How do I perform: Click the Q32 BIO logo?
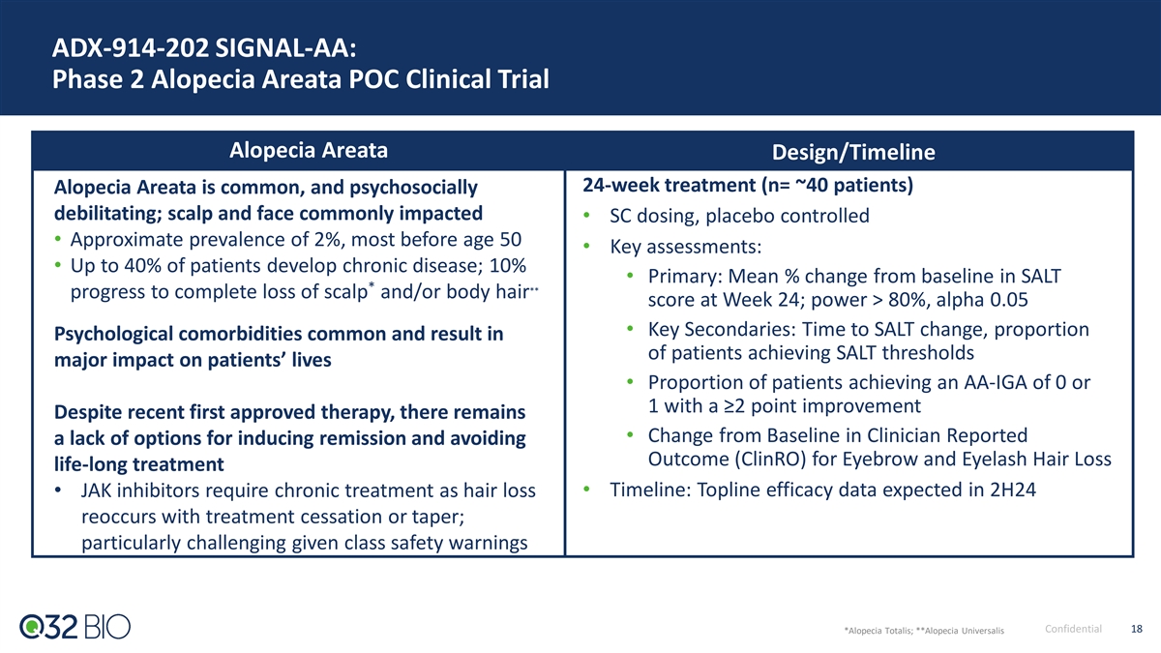click(x=75, y=627)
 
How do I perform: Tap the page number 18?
click(x=1137, y=629)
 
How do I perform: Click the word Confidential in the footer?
click(x=1073, y=629)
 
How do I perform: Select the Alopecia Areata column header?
click(x=309, y=150)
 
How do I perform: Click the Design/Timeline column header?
click(x=853, y=153)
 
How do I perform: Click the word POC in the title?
click(x=373, y=79)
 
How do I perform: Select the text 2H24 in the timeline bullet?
click(x=1013, y=490)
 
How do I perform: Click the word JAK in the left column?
click(x=96, y=490)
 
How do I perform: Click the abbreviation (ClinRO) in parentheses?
click(x=770, y=460)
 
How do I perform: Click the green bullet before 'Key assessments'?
click(x=586, y=246)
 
